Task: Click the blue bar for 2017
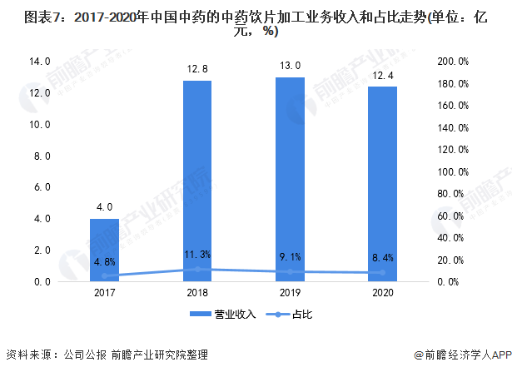pos(104,250)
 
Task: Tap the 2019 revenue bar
pos(291,179)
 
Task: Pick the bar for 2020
pos(383,184)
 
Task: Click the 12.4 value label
pos(383,76)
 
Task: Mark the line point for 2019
pos(291,272)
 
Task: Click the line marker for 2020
pos(383,273)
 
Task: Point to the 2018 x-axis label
pos(197,293)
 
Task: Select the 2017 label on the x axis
pos(104,293)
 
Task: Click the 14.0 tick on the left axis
pos(40,62)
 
